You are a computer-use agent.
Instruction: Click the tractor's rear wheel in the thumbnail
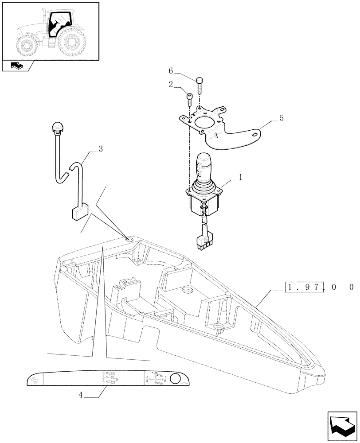click(72, 44)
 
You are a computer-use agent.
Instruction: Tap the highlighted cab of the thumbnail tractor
click(56, 24)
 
